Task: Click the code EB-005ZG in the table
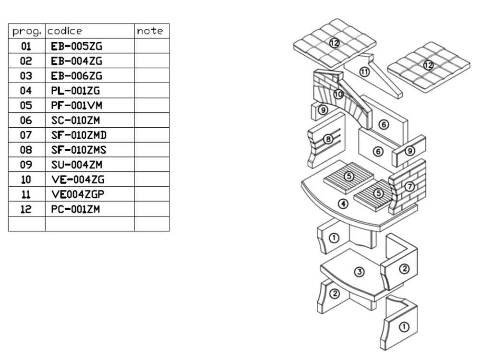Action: tap(77, 47)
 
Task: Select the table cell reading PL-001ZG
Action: tap(75, 91)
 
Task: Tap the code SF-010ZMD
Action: tap(79, 135)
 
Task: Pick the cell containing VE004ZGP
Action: tap(78, 194)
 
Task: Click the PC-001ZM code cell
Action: tap(75, 209)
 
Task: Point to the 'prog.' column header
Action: tap(27, 31)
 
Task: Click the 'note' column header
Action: tap(150, 31)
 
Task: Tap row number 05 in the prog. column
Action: tap(26, 106)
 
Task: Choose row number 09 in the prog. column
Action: tap(26, 165)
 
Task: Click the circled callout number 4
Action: tap(343, 204)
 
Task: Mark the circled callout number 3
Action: tap(359, 272)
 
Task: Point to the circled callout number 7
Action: tap(409, 187)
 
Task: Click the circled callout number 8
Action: tap(328, 139)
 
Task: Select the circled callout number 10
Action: tap(338, 94)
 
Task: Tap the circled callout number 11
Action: tap(364, 72)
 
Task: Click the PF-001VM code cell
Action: tap(76, 106)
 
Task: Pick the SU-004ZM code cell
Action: tap(76, 165)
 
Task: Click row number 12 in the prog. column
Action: tap(26, 209)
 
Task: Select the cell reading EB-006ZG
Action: tap(77, 76)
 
